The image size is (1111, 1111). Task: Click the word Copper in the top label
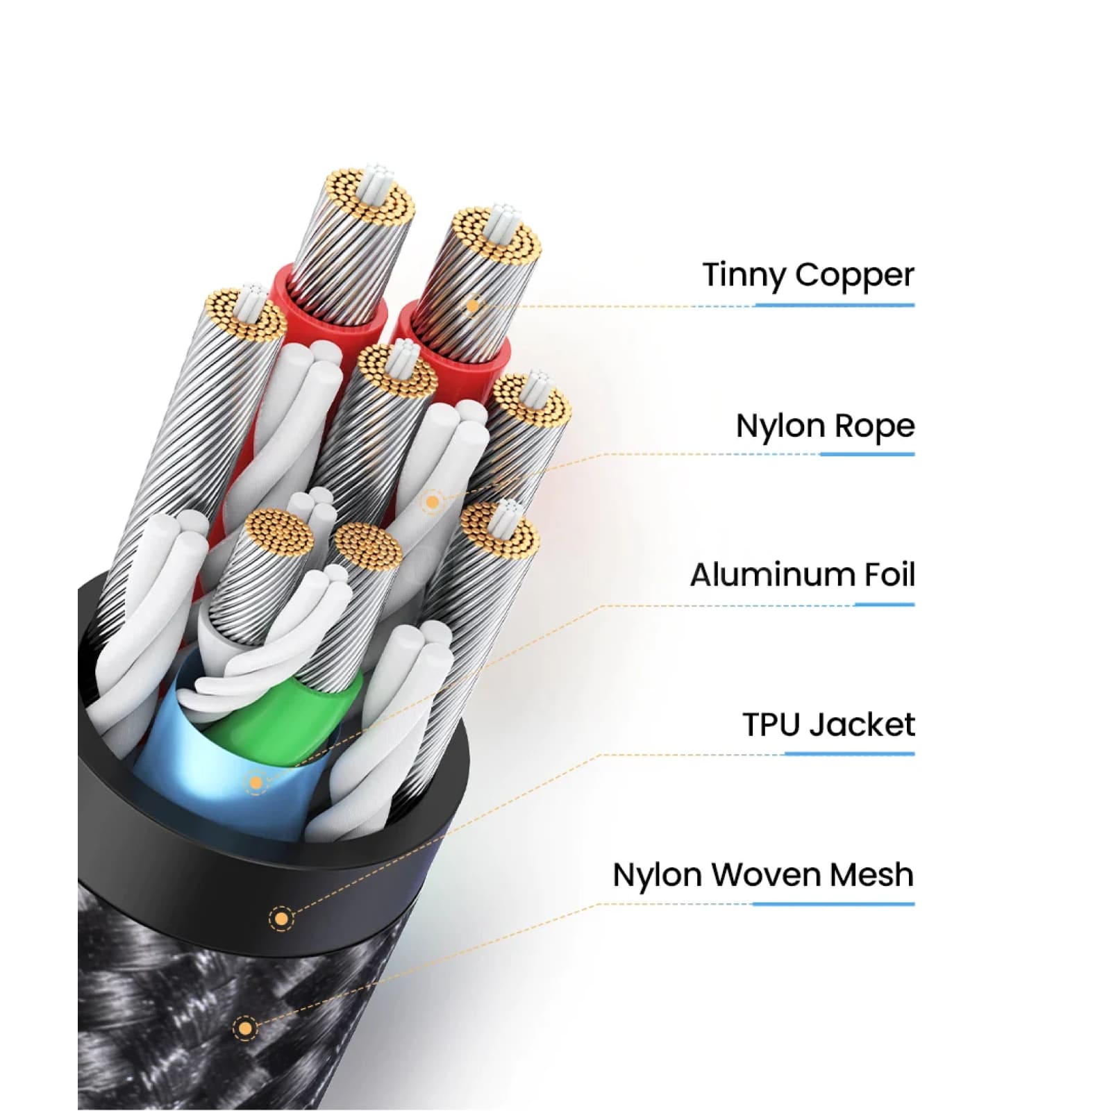click(x=854, y=276)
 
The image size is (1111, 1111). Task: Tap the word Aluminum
click(x=771, y=575)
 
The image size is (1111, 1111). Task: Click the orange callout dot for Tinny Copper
click(x=473, y=306)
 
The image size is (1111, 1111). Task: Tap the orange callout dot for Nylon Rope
click(x=433, y=501)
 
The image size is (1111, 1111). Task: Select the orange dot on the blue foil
click(x=256, y=783)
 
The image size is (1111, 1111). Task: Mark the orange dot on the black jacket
click(x=281, y=919)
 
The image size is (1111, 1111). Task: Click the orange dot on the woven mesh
click(x=244, y=1028)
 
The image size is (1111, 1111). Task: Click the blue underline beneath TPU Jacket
click(x=849, y=754)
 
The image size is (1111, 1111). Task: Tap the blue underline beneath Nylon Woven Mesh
click(x=833, y=904)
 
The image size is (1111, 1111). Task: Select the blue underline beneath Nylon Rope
click(x=867, y=455)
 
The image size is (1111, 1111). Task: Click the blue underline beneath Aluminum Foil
click(x=884, y=605)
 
